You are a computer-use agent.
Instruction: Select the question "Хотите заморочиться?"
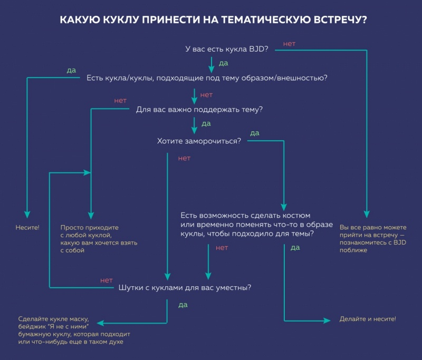pos(199,141)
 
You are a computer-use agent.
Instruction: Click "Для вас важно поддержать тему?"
pos(199,110)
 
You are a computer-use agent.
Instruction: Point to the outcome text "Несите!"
pos(27,227)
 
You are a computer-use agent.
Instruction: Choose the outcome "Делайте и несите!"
pos(368,319)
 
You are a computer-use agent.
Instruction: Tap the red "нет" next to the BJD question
pos(289,43)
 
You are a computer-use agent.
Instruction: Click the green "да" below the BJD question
pos(223,63)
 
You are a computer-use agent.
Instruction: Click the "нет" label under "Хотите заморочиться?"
pos(184,158)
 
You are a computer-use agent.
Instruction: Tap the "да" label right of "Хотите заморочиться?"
pos(254,133)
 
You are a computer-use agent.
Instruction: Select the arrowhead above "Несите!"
pos(27,215)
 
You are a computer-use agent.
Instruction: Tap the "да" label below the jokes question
pos(183,305)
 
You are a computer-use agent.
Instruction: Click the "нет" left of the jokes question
pos(107,280)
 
